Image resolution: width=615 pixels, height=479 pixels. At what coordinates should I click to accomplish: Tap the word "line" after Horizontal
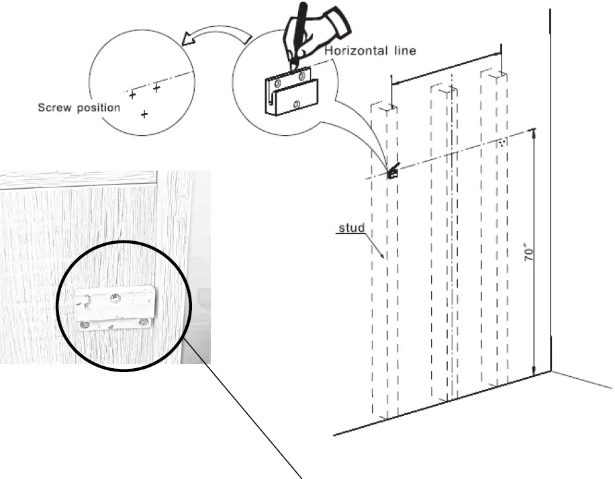(403, 50)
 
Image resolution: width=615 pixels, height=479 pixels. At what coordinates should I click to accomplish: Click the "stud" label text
(352, 228)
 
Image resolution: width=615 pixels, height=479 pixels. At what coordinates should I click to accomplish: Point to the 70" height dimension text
(528, 253)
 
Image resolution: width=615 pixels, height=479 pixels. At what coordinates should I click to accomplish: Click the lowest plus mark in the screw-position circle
(144, 115)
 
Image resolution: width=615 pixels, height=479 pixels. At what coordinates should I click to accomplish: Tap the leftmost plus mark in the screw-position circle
(132, 95)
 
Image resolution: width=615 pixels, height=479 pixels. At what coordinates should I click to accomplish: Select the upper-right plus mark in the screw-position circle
(156, 87)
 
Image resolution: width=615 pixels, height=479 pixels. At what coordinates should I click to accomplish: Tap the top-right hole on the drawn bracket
(301, 75)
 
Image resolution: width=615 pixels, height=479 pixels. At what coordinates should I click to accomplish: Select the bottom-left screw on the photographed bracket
(85, 326)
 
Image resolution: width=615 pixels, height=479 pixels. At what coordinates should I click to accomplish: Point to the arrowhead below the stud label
(383, 256)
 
